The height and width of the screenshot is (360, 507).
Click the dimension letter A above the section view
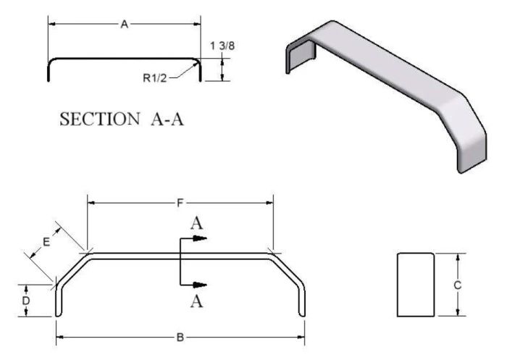tap(124, 25)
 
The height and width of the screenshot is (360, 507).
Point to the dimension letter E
tap(46, 242)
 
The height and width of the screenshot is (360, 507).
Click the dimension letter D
tap(26, 299)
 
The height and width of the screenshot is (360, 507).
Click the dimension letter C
tap(457, 285)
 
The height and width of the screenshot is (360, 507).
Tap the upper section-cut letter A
tap(196, 224)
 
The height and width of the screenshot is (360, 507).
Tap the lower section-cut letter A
tap(196, 301)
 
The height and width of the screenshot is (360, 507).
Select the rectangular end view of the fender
tap(416, 285)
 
